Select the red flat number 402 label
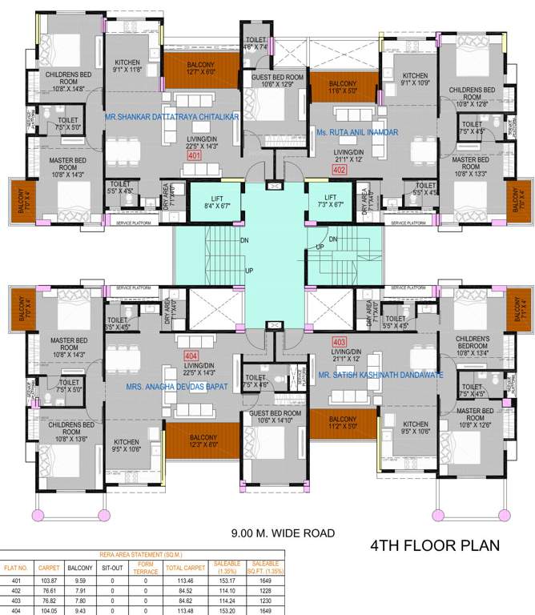[339, 170]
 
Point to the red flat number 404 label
[191, 354]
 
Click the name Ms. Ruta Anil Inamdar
[357, 132]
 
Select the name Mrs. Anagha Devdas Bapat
[177, 386]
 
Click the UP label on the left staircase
[249, 271]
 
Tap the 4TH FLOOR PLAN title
[435, 546]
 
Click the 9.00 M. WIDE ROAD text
[283, 533]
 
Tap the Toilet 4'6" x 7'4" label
[256, 43]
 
